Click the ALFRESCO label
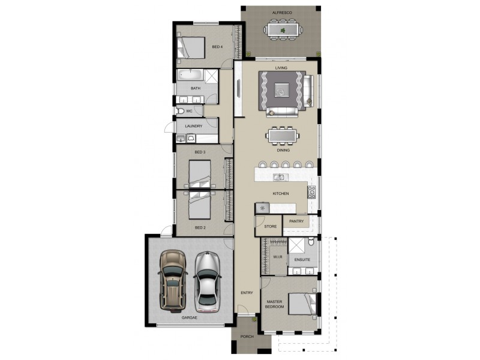click(x=281, y=13)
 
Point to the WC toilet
click(x=179, y=111)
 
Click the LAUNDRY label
click(x=193, y=126)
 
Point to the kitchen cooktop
click(x=311, y=192)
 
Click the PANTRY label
click(x=296, y=221)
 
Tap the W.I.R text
click(x=277, y=257)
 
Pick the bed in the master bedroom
click(x=300, y=302)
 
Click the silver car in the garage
click(x=207, y=280)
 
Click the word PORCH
click(x=246, y=337)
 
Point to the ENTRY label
click(x=247, y=293)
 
